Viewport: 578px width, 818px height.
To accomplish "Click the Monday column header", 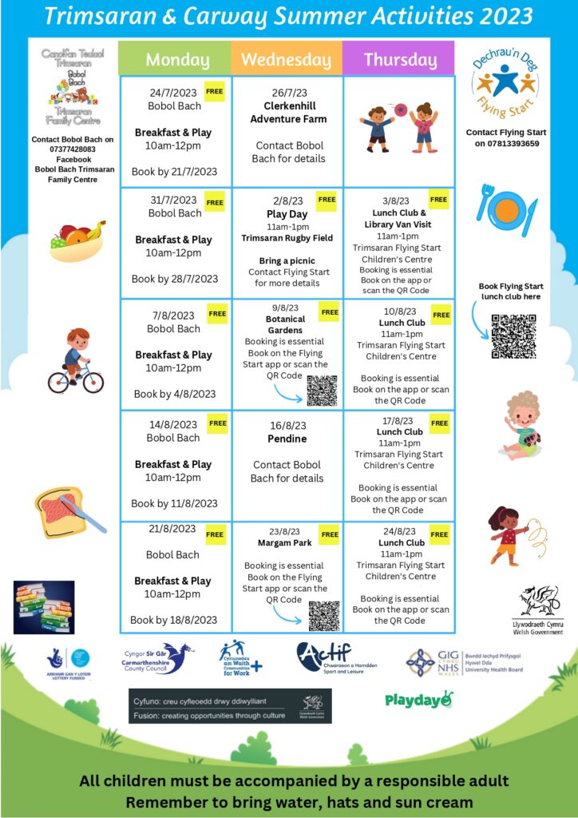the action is [177, 60].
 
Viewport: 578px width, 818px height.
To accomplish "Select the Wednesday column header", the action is [286, 60].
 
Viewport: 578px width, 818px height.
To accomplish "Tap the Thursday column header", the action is [400, 60].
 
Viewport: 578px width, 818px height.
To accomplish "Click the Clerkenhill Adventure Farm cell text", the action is [288, 112].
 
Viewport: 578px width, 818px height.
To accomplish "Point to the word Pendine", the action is [287, 439].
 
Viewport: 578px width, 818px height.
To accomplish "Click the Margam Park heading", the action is [284, 543].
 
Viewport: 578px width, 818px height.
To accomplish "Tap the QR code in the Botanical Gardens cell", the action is [323, 390].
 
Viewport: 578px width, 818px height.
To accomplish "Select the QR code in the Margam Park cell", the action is [324, 615].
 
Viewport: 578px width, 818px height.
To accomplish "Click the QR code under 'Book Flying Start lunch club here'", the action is [513, 336].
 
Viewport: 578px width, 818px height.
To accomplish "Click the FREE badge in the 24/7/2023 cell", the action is [215, 92].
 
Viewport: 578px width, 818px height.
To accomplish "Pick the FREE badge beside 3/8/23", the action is [438, 199].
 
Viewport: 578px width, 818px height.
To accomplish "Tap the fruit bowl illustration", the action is [77, 240].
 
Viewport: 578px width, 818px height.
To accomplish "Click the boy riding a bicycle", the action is [75, 360].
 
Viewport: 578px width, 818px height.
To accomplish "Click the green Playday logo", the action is [418, 700].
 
